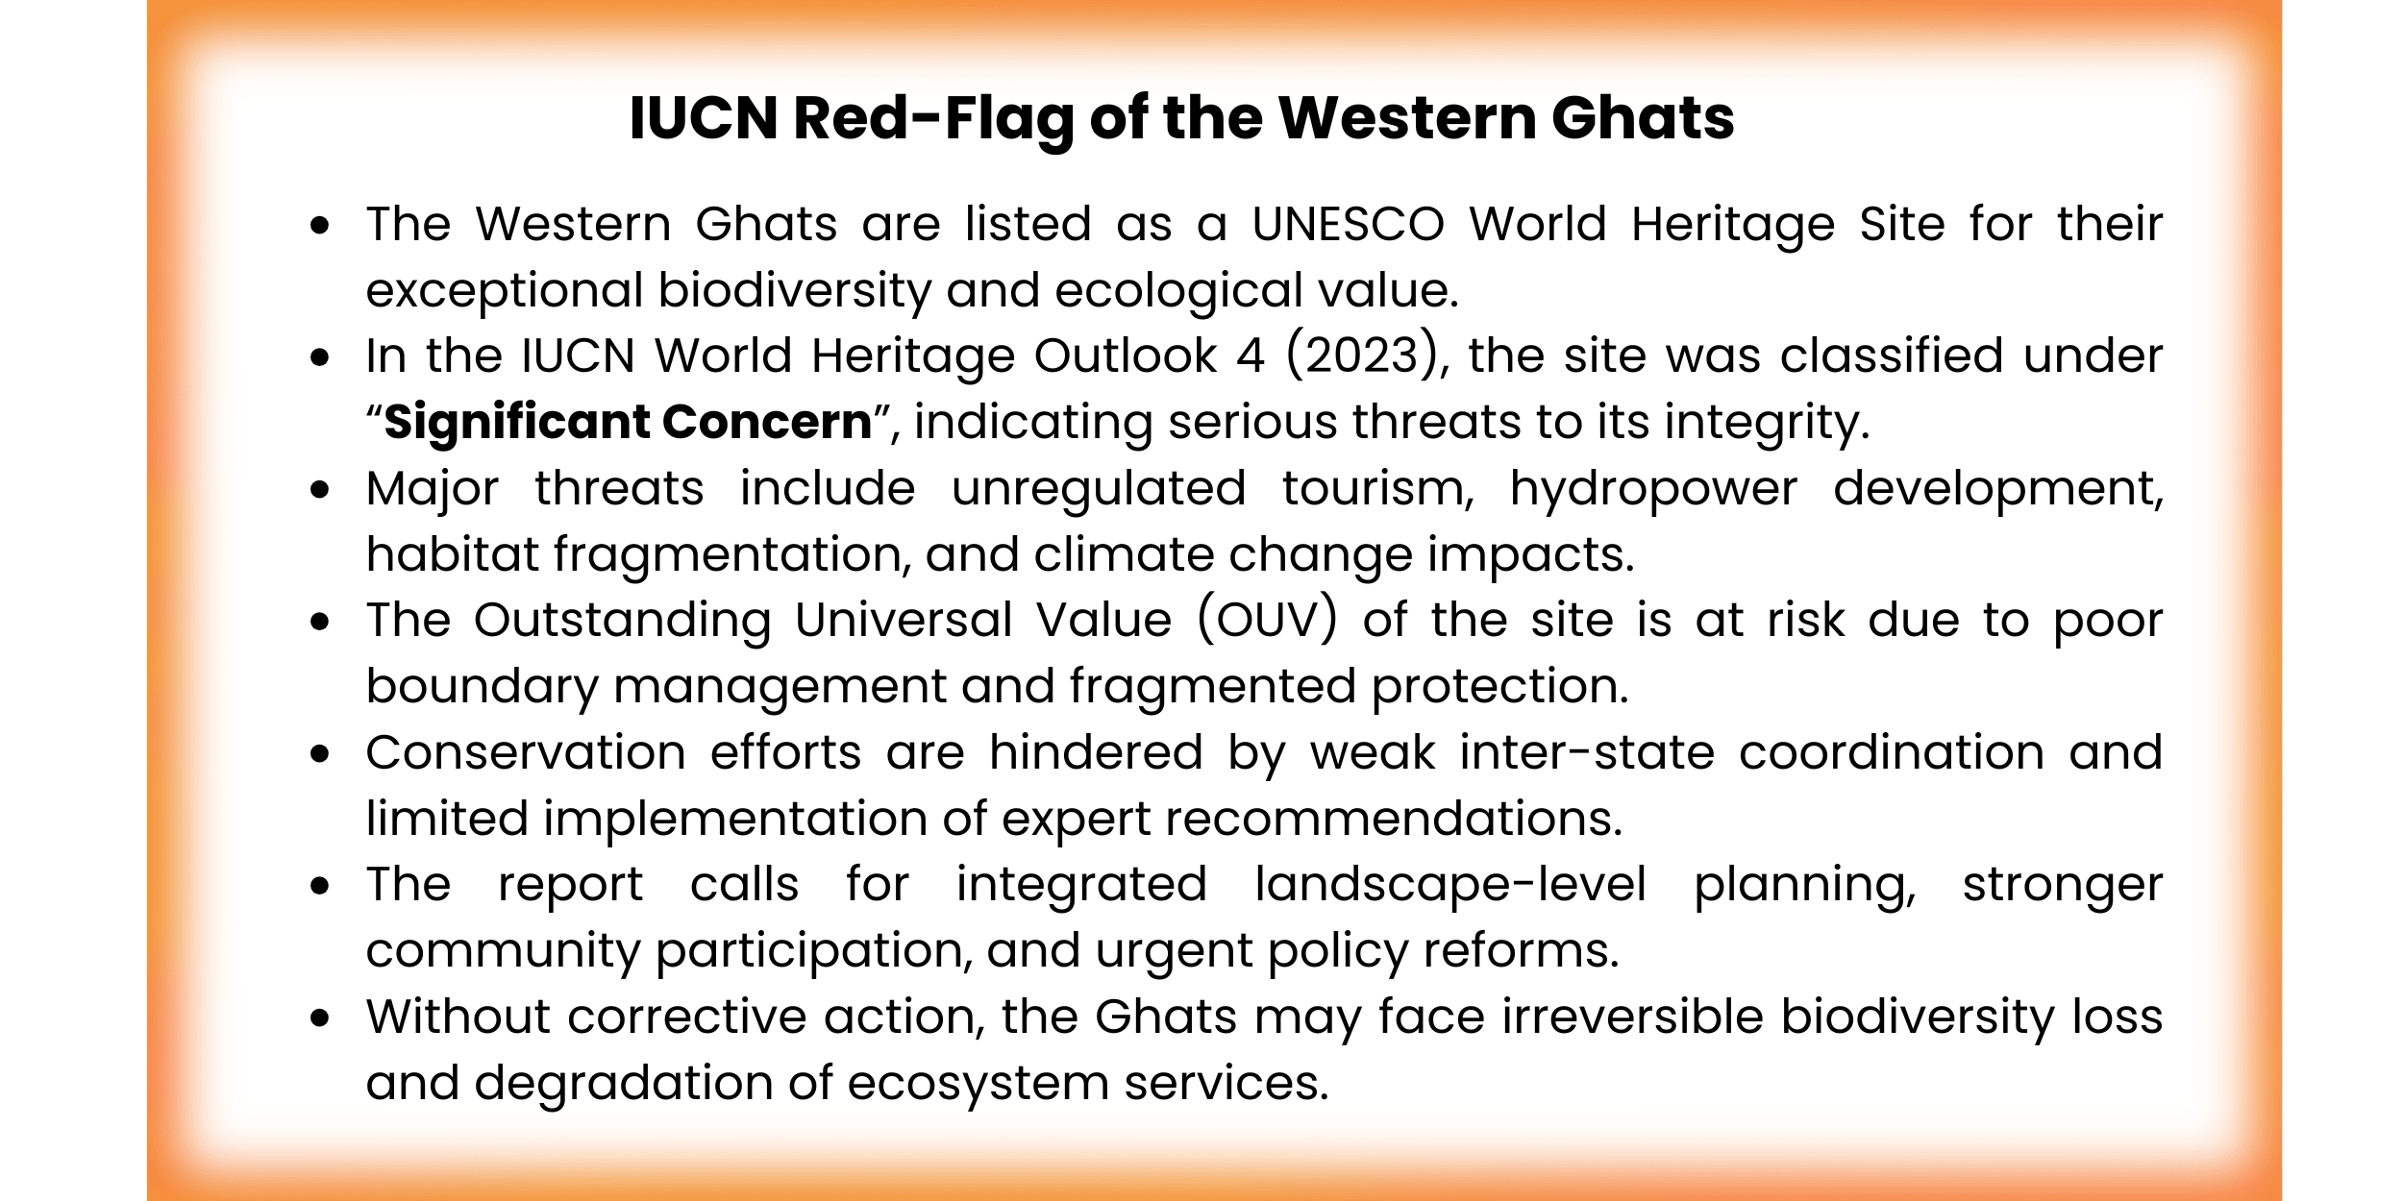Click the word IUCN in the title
click(704, 119)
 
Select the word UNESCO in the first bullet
click(1348, 225)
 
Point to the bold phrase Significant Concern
click(628, 423)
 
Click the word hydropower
click(1652, 489)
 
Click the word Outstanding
click(622, 621)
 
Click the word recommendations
click(1393, 820)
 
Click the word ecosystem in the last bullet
click(978, 1084)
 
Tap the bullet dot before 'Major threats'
click(320, 490)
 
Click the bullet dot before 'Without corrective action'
click(320, 1018)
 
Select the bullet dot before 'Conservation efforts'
click(320, 754)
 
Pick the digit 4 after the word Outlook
click(1250, 356)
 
